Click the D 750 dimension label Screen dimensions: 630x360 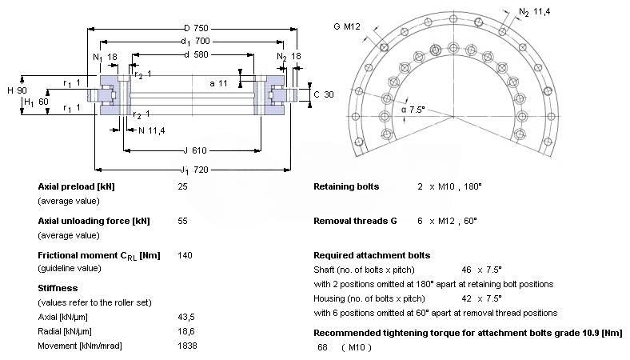(x=196, y=28)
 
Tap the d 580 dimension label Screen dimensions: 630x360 (x=196, y=54)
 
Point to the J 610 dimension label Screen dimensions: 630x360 (x=195, y=150)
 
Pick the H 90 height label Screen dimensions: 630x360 (x=17, y=90)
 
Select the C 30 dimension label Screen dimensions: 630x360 (x=324, y=94)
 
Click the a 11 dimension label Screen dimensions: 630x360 (x=218, y=83)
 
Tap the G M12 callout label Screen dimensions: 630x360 (x=347, y=26)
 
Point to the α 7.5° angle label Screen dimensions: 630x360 (x=413, y=110)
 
